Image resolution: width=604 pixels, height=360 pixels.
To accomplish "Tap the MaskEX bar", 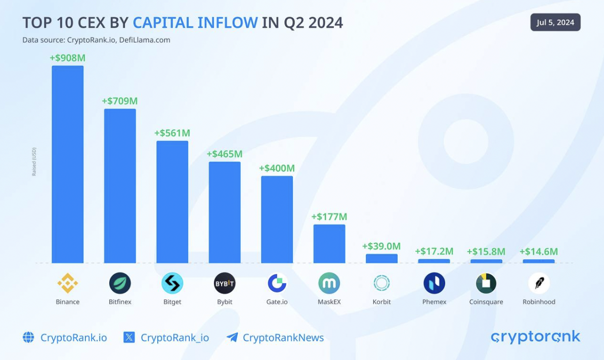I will coord(329,244).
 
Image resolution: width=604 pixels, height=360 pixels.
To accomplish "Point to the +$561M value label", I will coord(172,133).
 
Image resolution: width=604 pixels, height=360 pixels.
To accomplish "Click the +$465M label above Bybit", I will coord(225,154).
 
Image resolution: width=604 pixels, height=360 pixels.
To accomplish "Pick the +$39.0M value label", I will coord(381,246).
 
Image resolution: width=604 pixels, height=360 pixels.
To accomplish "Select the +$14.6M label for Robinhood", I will coord(539,251).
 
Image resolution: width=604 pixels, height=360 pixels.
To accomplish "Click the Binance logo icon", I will coord(67,283).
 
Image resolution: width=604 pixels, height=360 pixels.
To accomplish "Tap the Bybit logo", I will coord(225,283).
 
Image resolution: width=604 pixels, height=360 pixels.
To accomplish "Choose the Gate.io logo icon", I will coord(277,283).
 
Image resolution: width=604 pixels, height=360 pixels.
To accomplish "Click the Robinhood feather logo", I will coord(539,283).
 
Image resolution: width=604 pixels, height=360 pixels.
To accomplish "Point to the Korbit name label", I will coord(381,302).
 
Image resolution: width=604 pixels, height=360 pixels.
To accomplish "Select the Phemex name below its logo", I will coord(434,302).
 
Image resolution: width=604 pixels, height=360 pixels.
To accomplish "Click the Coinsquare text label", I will coord(486,302).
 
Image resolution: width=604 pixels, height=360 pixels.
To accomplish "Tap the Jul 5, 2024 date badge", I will coord(555,22).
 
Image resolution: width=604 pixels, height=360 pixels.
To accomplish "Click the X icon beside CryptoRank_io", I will coord(129,337).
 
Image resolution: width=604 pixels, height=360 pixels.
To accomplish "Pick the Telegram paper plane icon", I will coord(232,337).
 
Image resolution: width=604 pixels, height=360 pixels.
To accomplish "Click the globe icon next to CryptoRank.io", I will coord(28,337).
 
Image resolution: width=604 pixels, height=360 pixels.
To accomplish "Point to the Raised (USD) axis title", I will coord(34,162).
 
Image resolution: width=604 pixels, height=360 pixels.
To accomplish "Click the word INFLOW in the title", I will coord(228,23).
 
